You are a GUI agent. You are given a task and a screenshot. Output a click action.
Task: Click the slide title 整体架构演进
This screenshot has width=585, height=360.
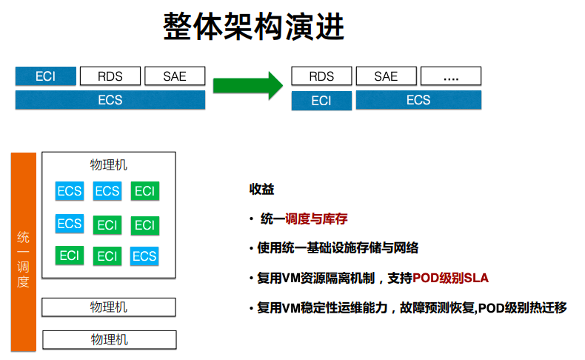(x=254, y=28)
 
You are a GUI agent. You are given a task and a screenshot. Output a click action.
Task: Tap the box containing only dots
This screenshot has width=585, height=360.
(x=450, y=76)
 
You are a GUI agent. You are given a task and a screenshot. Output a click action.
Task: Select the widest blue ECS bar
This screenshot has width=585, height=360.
(x=110, y=100)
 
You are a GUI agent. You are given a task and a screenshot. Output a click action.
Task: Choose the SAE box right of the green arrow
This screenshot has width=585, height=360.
(x=386, y=76)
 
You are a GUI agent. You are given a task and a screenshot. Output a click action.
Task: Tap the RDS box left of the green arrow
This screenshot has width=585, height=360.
(x=110, y=76)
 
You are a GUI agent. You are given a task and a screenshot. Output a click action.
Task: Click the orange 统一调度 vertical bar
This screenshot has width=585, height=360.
(x=24, y=250)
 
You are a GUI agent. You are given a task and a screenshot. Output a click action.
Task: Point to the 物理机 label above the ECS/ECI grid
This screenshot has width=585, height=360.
(x=109, y=165)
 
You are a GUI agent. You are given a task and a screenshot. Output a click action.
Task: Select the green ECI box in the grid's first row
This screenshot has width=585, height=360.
(x=145, y=190)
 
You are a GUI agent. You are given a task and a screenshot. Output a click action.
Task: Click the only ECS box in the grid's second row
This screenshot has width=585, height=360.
(x=70, y=224)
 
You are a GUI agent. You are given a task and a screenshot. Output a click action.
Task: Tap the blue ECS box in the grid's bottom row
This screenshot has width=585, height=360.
(x=144, y=256)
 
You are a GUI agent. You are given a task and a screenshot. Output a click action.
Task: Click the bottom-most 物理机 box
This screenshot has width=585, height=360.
(x=109, y=339)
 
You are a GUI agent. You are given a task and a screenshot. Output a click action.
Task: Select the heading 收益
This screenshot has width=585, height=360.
(x=261, y=190)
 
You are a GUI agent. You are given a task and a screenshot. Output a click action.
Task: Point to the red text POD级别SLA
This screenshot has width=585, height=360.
(x=451, y=278)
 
